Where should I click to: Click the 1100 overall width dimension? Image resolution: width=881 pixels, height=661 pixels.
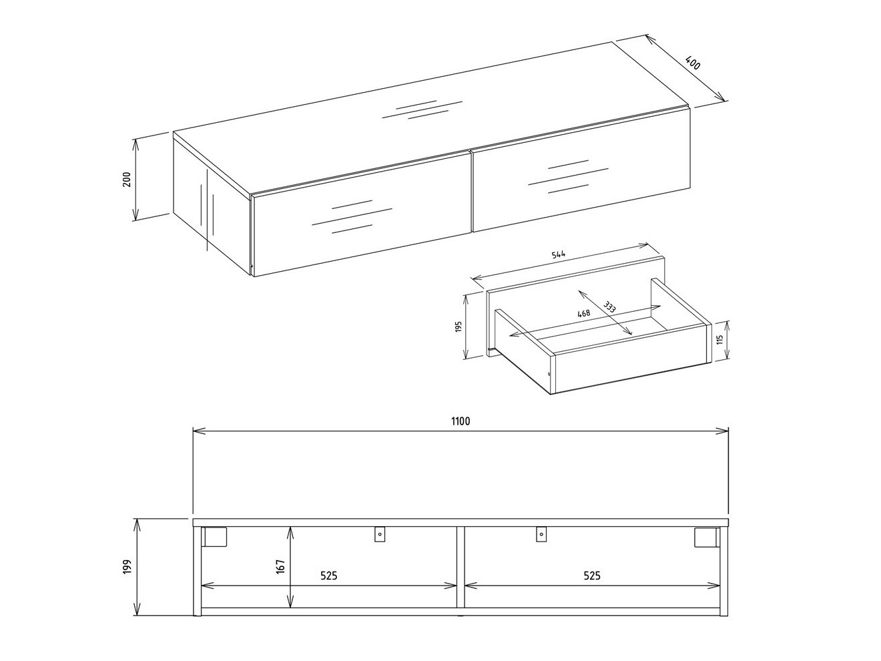(x=461, y=421)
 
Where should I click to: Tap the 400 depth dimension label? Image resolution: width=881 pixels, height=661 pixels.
(x=693, y=65)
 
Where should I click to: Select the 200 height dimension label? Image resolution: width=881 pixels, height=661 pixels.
(x=126, y=179)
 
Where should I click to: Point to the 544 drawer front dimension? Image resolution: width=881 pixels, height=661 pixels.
(x=559, y=254)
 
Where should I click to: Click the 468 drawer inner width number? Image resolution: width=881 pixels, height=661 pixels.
(x=583, y=312)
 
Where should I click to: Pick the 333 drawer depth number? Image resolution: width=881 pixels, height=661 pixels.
(x=609, y=308)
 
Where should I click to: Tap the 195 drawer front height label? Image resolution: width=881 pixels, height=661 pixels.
(x=459, y=328)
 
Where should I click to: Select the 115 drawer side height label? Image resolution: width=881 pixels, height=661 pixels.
(x=719, y=339)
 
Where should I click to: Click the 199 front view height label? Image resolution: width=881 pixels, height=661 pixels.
(x=127, y=567)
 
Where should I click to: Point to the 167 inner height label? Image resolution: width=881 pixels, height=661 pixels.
(x=281, y=566)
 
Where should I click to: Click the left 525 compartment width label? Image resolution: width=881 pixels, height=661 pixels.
(x=328, y=576)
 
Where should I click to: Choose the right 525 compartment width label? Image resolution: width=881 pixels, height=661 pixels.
(x=592, y=576)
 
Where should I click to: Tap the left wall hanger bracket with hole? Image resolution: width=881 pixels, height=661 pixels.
(x=379, y=534)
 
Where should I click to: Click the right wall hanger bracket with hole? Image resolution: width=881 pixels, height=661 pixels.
(x=541, y=534)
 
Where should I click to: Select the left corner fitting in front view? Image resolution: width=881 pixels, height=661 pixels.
(x=215, y=537)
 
